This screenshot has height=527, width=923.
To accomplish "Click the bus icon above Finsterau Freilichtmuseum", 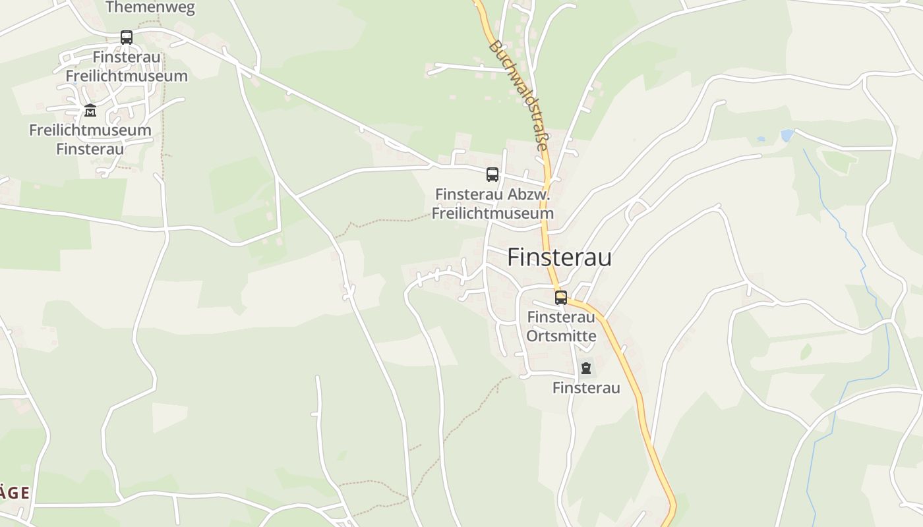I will (x=127, y=38).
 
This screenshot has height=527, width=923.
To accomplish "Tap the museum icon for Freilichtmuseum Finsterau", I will (x=90, y=110).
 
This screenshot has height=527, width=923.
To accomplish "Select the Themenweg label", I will (x=150, y=7).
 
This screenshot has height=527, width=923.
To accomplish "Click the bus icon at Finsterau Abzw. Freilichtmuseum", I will (x=492, y=175).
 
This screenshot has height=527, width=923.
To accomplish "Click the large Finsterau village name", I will (x=559, y=258).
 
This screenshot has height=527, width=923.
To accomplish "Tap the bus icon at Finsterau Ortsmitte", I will (x=561, y=298).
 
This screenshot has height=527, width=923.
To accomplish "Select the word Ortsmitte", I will (x=561, y=336).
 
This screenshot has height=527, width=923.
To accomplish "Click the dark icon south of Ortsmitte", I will (x=585, y=368).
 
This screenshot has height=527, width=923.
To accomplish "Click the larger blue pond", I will (x=787, y=135).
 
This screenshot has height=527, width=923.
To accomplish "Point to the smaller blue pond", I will (x=761, y=140).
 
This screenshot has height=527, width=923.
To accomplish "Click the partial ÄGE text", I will (x=15, y=493).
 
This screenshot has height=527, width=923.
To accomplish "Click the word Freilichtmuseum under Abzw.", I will (x=492, y=213).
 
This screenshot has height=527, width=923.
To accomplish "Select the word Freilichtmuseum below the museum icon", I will (x=90, y=130).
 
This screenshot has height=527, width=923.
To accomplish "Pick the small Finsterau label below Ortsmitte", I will (x=586, y=388).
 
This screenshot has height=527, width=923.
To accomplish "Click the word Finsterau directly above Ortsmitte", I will (x=561, y=317).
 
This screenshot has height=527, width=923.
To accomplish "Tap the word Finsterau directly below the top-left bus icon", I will (x=127, y=57).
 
